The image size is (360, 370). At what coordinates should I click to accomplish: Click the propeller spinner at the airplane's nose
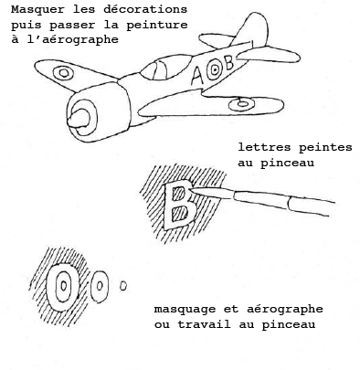[x=80, y=117]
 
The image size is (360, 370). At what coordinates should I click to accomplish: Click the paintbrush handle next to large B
[x=274, y=197]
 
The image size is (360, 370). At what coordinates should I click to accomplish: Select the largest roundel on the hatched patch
[x=62, y=285]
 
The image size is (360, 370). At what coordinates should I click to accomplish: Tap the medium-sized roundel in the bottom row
[x=103, y=285]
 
